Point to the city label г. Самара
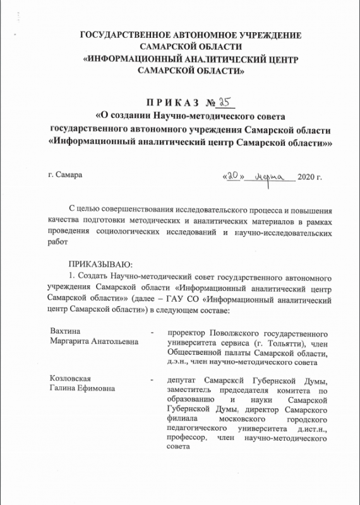point(64,174)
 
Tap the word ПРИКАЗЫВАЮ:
point(99,264)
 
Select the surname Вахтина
point(66,331)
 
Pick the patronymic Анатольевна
point(110,341)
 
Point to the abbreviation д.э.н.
point(177,362)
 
